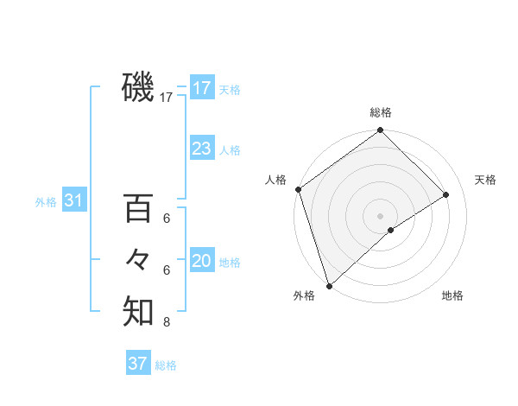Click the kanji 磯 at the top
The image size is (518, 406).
coord(138,87)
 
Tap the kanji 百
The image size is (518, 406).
coord(138,208)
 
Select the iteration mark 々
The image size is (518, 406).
coord(138,260)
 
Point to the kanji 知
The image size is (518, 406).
coord(138,312)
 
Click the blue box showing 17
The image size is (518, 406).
coord(202,88)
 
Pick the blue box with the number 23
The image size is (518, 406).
coord(202,149)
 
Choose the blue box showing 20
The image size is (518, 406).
coord(202,261)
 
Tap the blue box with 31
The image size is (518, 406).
coord(74,201)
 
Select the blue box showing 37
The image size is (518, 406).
coord(138,364)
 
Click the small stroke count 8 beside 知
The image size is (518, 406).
coord(167,323)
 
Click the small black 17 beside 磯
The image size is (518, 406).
coord(167,98)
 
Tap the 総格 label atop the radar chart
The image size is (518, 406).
coord(381,112)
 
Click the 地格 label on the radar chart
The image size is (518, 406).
coord(452,295)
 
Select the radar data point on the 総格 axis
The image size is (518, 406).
coord(381,131)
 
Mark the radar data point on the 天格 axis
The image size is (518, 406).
coord(446,194)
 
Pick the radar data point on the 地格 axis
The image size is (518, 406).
coord(391,230)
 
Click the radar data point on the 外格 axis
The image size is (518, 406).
coord(328,285)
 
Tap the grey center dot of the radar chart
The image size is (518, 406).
coord(381,215)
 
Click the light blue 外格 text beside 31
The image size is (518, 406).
coord(46,202)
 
